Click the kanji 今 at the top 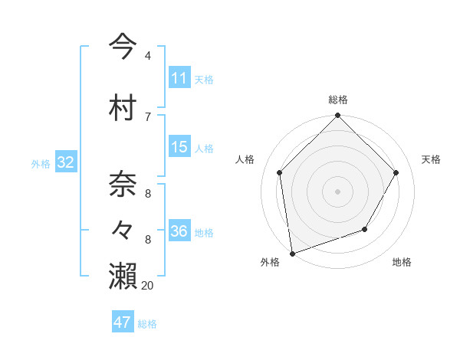click(123, 46)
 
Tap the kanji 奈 click(123, 185)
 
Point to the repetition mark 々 click(123, 229)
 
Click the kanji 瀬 click(123, 276)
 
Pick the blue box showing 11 click(179, 78)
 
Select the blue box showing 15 click(179, 147)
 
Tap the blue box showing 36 click(179, 232)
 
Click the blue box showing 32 click(65, 162)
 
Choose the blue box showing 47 click(123, 322)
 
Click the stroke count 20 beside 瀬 click(147, 286)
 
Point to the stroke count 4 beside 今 click(148, 56)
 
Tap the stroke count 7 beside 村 click(148, 116)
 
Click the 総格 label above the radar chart click(338, 100)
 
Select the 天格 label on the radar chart click(431, 159)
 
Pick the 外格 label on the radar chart click(270, 262)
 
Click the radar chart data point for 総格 click(337, 116)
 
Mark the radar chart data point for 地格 click(365, 229)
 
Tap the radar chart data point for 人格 click(280, 172)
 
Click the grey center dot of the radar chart click(337, 191)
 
